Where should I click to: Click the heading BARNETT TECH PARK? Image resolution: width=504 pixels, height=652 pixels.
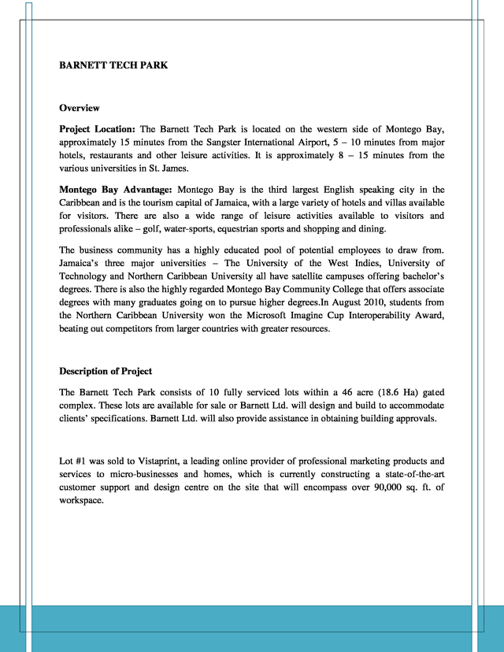[113, 65]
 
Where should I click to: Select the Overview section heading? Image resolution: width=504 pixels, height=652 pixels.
[80, 107]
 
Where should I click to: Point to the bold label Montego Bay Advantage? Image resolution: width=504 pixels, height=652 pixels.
[116, 190]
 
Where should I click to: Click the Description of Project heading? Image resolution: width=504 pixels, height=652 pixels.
[106, 371]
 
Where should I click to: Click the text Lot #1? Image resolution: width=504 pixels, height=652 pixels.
[73, 461]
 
